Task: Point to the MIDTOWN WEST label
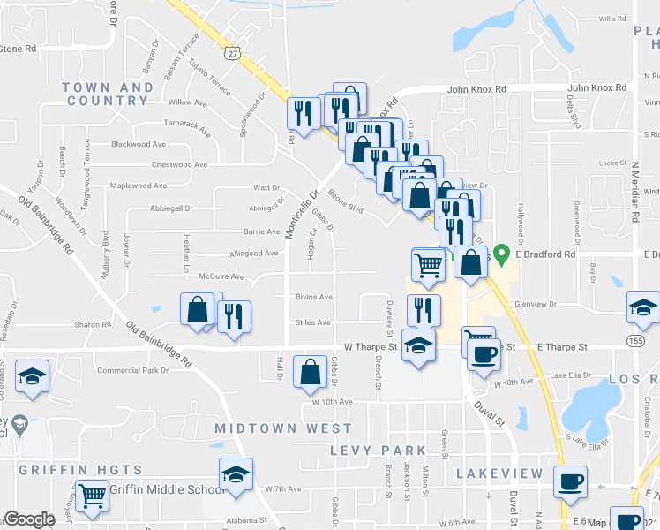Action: pos(272,428)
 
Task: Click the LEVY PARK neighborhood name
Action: pos(371,450)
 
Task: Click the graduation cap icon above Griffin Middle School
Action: pos(236,475)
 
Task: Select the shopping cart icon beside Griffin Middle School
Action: pos(91,496)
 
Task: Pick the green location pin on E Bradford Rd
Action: pos(502,254)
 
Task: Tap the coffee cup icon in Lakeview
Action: pos(570,482)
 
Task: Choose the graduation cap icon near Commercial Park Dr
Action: pos(33,377)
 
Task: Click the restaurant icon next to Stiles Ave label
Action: pos(234,316)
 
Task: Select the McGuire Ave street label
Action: pos(221,276)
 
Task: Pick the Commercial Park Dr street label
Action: pos(132,370)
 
